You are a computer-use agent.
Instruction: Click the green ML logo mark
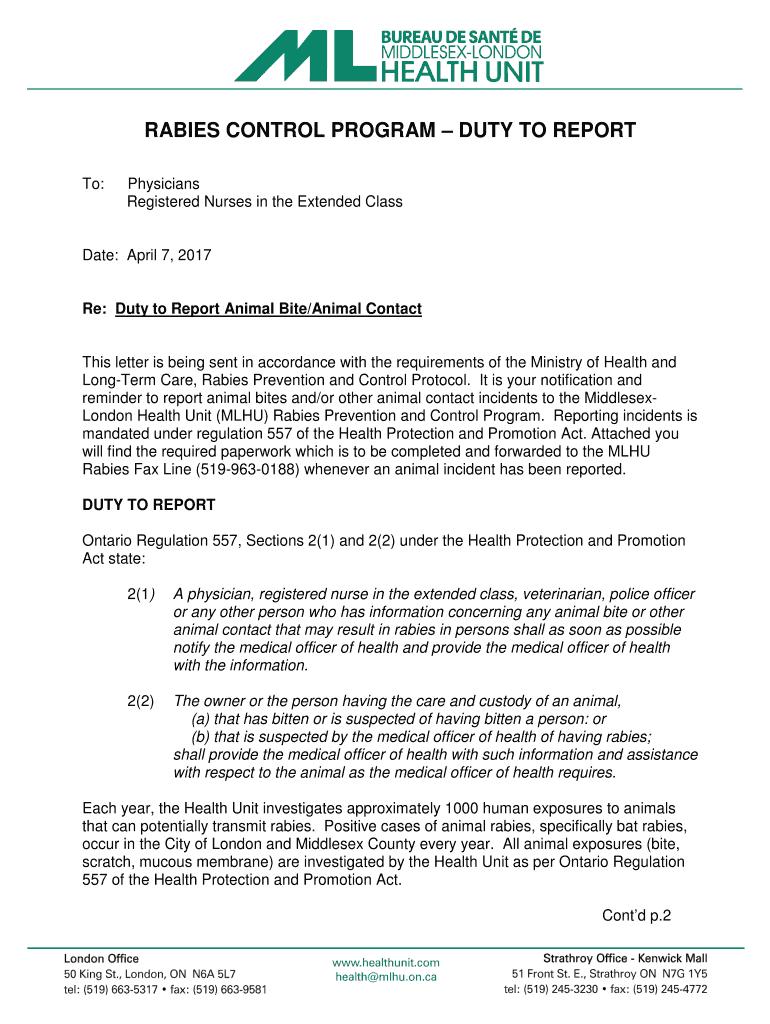point(304,55)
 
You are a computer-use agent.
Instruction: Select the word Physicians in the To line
point(163,184)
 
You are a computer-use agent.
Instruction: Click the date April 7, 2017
point(169,256)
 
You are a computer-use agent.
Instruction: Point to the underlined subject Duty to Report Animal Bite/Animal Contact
point(268,309)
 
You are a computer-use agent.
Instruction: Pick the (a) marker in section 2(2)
point(201,719)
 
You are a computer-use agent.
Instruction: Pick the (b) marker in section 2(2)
point(201,737)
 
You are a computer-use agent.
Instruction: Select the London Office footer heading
point(101,958)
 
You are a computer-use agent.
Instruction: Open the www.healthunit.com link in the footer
point(385,962)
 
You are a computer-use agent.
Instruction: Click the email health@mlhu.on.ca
point(385,977)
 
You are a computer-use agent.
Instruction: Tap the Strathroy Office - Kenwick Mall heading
point(624,958)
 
